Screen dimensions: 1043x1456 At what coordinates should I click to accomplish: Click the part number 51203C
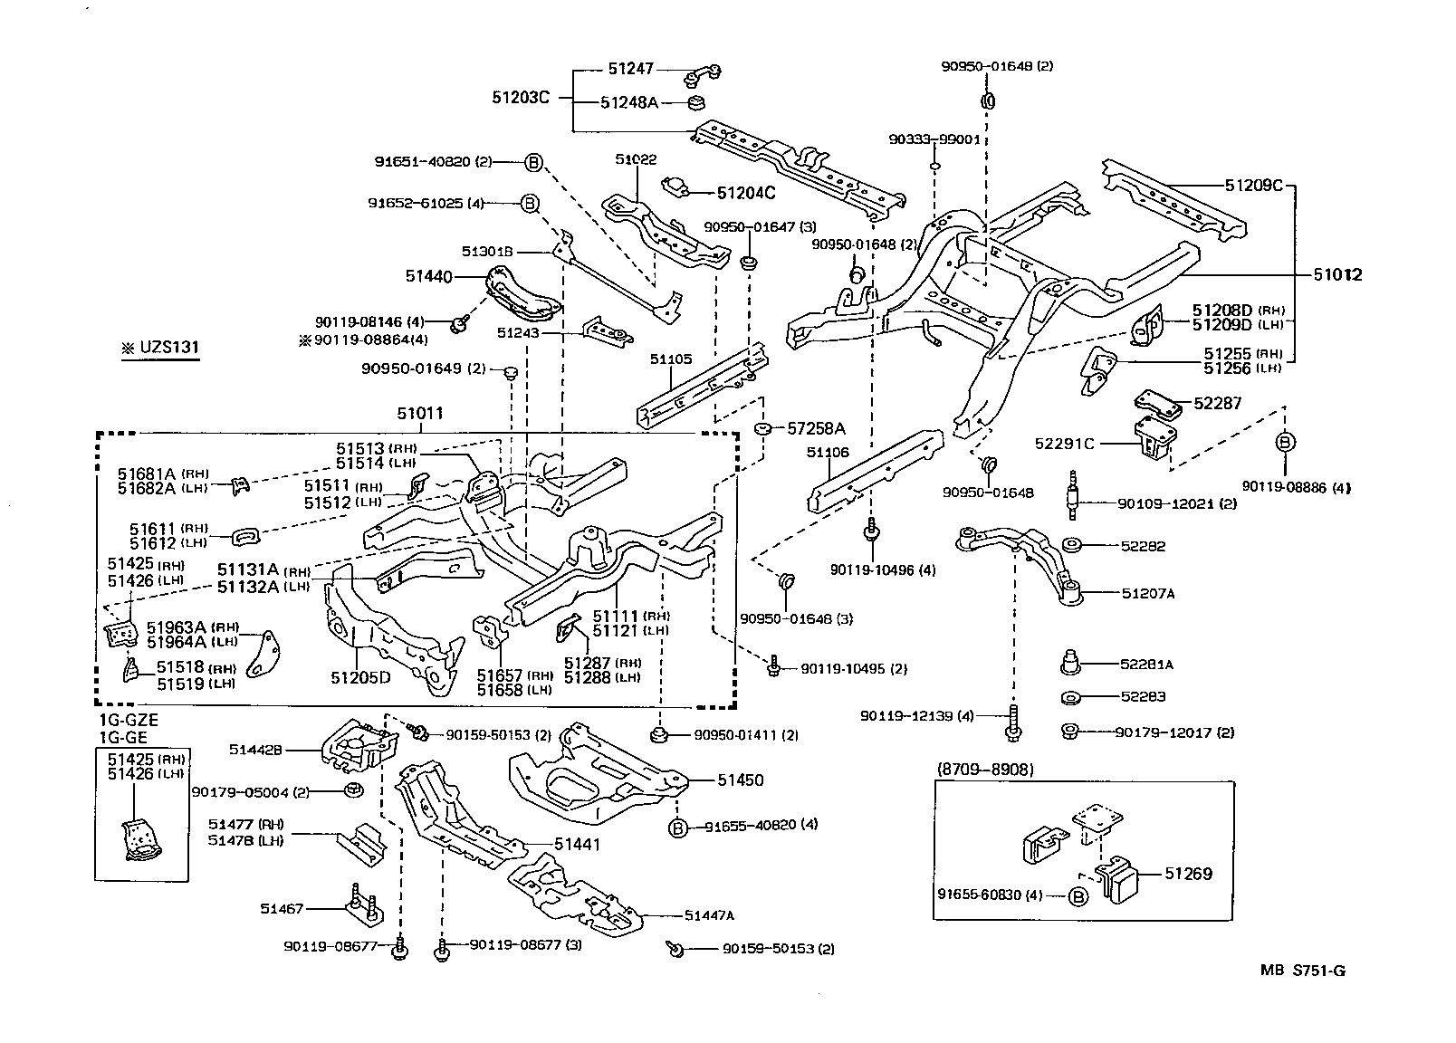coord(521,98)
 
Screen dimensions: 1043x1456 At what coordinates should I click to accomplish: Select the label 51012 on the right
coord(1338,275)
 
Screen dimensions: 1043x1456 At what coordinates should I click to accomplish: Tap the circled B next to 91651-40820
coord(533,162)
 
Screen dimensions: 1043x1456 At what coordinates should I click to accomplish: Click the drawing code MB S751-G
coord(1303,971)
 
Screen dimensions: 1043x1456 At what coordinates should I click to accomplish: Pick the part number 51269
coord(1187,874)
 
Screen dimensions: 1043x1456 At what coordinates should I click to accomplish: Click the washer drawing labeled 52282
coord(1071,546)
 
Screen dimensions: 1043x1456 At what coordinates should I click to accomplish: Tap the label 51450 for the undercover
coord(741,780)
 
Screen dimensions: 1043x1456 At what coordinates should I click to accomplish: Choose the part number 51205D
coord(360,676)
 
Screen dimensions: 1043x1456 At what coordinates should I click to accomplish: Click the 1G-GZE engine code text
coord(129,720)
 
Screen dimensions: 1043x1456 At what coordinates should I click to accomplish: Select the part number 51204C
coord(745,193)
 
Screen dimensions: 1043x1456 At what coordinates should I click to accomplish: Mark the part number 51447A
coord(709,915)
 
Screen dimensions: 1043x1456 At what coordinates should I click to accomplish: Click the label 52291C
coord(1064,443)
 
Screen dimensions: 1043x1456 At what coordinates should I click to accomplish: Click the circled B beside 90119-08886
coord(1285,442)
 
